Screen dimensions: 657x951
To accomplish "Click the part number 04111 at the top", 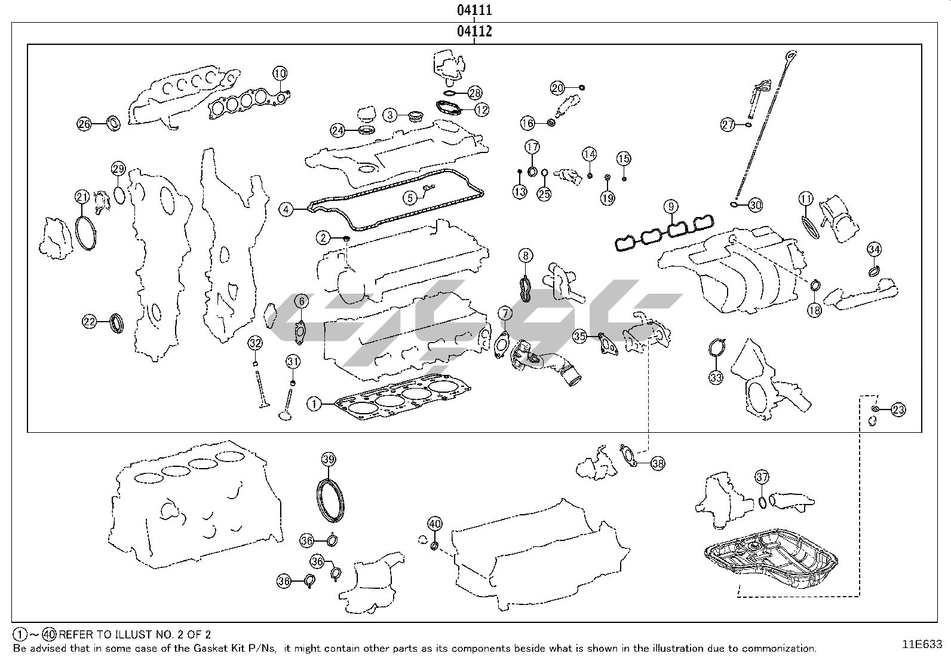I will [474, 10].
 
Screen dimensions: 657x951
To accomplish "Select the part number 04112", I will [474, 31].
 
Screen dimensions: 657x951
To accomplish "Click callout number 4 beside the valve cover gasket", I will [287, 209].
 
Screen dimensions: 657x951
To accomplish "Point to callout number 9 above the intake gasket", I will [671, 207].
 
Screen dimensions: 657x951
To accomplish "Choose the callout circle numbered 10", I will [280, 74].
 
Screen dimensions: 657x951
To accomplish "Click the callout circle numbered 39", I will [328, 459].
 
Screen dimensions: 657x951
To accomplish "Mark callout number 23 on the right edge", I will [898, 410].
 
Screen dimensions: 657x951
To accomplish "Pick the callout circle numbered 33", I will [716, 377].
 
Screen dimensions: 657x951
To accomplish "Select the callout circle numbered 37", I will [762, 477].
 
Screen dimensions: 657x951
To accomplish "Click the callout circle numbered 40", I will [435, 524].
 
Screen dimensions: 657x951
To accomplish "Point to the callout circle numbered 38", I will [657, 463].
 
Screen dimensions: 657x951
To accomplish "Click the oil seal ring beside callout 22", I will [118, 323].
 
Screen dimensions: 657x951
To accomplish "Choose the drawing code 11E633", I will [922, 644].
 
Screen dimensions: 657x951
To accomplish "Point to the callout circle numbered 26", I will [84, 124].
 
